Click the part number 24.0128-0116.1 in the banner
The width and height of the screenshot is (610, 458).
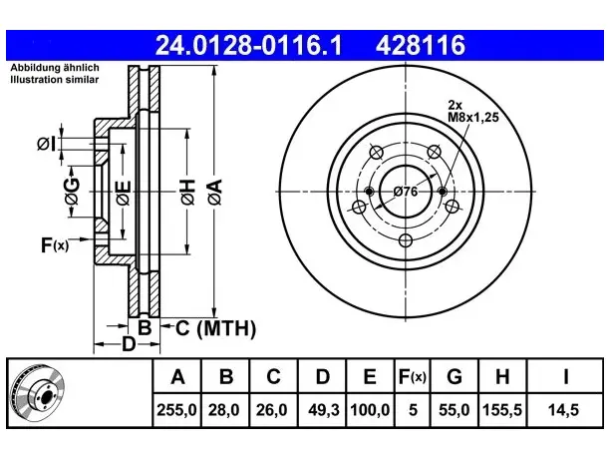click(248, 45)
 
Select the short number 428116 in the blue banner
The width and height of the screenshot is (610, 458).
click(421, 45)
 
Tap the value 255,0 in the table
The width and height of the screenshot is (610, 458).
click(176, 410)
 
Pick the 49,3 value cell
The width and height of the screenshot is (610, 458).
click(323, 410)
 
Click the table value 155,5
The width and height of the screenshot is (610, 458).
click(502, 410)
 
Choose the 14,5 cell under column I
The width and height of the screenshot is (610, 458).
click(563, 410)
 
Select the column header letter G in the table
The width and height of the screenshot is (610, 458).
click(455, 376)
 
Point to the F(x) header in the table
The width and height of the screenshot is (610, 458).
click(413, 376)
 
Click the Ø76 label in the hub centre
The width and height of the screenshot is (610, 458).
click(406, 192)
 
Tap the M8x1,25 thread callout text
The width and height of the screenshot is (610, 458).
click(473, 117)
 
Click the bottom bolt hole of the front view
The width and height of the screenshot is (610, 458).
click(406, 240)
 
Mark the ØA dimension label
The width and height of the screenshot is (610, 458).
click(215, 192)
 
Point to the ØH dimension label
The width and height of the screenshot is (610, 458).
click(187, 192)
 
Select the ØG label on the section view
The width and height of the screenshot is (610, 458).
click(72, 192)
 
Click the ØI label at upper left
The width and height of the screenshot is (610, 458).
click(47, 144)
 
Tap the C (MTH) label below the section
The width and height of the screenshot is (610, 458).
click(215, 328)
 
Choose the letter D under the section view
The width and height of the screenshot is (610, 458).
click(129, 344)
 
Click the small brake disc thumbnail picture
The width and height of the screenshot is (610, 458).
click(38, 393)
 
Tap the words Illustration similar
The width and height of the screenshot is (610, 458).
click(55, 80)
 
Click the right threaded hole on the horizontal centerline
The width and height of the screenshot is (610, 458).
click(443, 192)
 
